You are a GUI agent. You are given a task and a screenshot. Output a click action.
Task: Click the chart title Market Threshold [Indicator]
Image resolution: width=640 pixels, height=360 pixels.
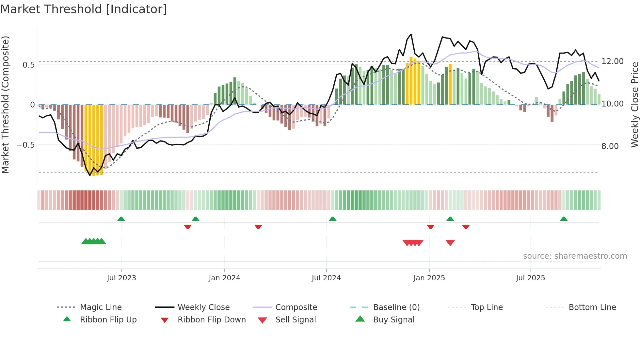coord(84,9)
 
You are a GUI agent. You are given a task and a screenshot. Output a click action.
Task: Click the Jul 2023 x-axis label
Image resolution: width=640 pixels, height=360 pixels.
coord(121,278)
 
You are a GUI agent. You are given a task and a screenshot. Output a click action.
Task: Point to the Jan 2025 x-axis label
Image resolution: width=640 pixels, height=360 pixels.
coord(429,278)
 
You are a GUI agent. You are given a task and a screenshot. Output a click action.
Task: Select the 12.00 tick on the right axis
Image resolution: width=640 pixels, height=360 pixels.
coord(613,61)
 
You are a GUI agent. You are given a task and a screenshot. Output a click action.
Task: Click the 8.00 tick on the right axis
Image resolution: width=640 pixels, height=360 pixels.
coord(610,146)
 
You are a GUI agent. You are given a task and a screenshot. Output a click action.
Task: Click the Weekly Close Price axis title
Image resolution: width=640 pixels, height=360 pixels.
coord(634,105)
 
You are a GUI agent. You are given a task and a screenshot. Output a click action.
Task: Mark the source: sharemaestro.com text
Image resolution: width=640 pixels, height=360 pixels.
coord(575,256)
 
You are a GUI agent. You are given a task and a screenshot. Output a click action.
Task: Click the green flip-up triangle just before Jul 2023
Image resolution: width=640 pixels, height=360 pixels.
coord(121,219)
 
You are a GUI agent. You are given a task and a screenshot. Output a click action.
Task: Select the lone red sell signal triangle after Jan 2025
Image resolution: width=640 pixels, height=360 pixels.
coord(450,243)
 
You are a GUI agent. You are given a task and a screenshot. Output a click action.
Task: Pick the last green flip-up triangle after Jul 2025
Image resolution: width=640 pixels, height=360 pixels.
coord(564,219)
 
